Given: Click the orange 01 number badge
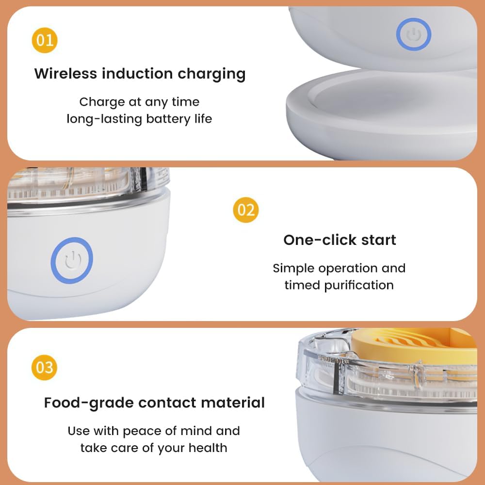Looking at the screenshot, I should click(x=45, y=40).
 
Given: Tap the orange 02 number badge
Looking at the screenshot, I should click(x=246, y=210).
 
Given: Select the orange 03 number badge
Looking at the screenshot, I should click(x=45, y=367).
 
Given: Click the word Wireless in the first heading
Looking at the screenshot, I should click(x=65, y=74).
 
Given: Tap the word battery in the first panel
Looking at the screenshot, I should click(x=160, y=119).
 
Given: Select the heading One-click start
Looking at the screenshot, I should click(x=339, y=240).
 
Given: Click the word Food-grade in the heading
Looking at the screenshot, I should click(x=88, y=403).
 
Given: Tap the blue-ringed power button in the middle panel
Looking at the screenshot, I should click(x=72, y=260).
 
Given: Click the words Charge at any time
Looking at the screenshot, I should click(x=139, y=102).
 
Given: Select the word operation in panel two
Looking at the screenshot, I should click(x=343, y=268).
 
